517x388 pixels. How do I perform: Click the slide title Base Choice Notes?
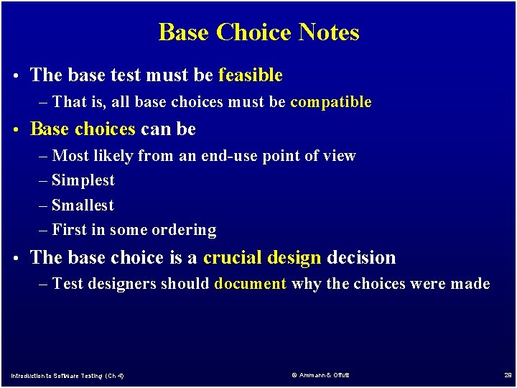click(258, 32)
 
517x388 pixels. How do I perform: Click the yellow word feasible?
click(250, 75)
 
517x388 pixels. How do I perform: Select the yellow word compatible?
click(330, 102)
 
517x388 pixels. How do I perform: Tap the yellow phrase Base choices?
click(83, 129)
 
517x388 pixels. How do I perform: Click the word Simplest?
click(83, 180)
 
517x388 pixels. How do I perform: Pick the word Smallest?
click(83, 205)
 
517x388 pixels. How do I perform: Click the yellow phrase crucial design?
click(262, 257)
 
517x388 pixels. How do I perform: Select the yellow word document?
click(251, 284)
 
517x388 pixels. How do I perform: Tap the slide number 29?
click(507, 375)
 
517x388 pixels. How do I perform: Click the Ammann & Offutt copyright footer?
click(320, 375)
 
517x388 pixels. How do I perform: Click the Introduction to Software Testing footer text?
click(67, 376)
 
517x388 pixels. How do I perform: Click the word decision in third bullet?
click(361, 257)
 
